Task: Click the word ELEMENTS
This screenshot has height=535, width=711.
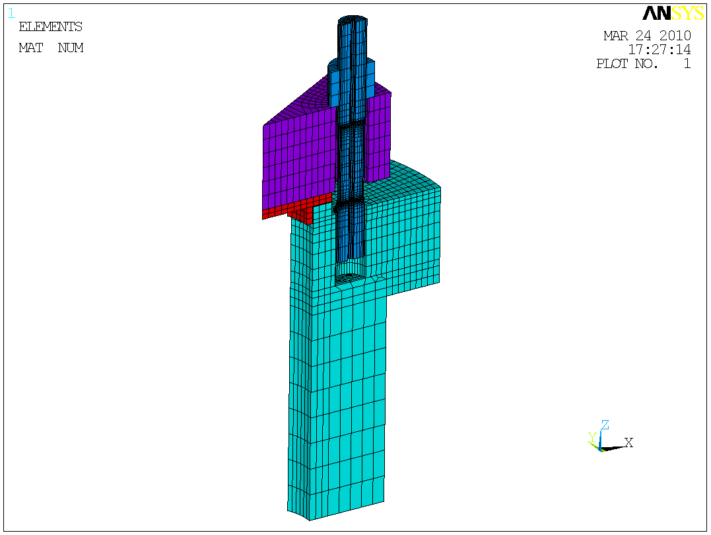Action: click(50, 27)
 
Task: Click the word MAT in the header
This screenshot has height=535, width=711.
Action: click(31, 48)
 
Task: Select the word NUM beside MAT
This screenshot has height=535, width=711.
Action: click(71, 48)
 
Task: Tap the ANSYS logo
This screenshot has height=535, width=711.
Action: click(673, 13)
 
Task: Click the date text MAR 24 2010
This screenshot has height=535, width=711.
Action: click(647, 36)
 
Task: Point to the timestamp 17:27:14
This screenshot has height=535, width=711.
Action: click(660, 49)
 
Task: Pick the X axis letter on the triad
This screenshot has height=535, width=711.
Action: click(628, 443)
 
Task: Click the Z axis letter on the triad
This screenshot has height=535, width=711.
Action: click(605, 425)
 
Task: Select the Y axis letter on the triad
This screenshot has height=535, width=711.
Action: click(592, 437)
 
